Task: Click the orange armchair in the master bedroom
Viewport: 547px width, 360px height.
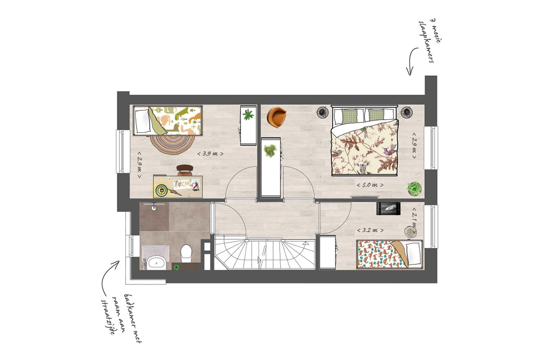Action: pyautogui.click(x=276, y=116)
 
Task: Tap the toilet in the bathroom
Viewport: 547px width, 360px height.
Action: pyautogui.click(x=186, y=253)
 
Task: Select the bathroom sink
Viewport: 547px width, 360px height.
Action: pyautogui.click(x=156, y=262)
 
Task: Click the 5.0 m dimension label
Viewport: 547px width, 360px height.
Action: pyautogui.click(x=370, y=185)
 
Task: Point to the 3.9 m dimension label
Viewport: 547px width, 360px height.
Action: pyautogui.click(x=210, y=153)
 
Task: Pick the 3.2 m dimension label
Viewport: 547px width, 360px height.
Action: pyautogui.click(x=370, y=230)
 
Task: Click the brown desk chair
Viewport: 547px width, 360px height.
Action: pyautogui.click(x=184, y=170)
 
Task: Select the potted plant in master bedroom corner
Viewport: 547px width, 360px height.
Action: pyautogui.click(x=414, y=188)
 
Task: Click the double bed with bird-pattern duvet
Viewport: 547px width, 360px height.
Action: pyautogui.click(x=365, y=140)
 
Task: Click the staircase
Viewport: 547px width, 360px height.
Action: pyautogui.click(x=265, y=253)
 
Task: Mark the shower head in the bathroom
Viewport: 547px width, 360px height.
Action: pyautogui.click(x=154, y=208)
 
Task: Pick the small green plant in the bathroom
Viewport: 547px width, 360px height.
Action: pyautogui.click(x=176, y=267)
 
